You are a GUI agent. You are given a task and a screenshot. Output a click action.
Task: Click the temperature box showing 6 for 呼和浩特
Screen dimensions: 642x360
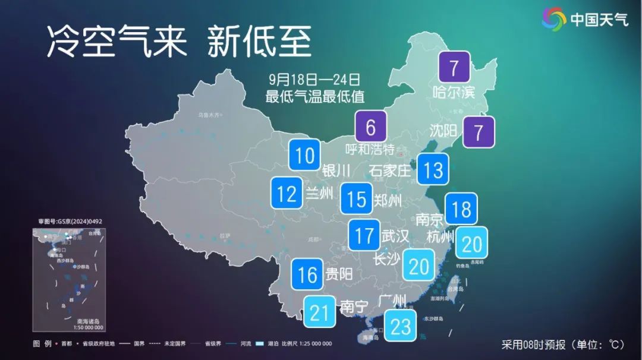(x=370, y=127)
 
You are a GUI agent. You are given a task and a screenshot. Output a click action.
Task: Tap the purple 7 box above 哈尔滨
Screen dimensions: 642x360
(x=454, y=67)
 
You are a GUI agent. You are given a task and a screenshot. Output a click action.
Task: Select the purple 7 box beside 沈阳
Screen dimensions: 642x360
(x=479, y=131)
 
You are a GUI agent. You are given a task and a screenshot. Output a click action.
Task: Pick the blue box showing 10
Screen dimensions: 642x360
(x=305, y=156)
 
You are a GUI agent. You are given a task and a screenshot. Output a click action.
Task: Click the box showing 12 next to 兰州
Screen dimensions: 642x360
(x=287, y=193)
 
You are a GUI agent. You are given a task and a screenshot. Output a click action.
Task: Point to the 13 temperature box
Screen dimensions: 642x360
(x=433, y=170)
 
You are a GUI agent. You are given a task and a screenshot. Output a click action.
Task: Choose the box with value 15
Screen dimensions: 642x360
(x=357, y=198)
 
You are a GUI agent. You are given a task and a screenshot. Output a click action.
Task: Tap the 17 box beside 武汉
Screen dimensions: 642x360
(x=364, y=235)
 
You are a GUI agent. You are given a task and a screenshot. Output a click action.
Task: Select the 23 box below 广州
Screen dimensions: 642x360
(x=401, y=325)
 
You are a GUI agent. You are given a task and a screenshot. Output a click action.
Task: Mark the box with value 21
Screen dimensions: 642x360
(x=319, y=312)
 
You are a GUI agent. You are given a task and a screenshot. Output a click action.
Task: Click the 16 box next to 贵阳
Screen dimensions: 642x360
(x=307, y=274)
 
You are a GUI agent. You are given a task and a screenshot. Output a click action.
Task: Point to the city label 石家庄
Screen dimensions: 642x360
(x=389, y=171)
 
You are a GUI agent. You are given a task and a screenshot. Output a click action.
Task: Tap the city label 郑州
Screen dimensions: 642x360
(x=388, y=201)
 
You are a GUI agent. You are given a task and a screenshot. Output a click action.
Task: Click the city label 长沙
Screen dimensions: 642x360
(x=386, y=259)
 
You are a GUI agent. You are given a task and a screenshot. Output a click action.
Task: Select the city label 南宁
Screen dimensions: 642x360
(x=354, y=307)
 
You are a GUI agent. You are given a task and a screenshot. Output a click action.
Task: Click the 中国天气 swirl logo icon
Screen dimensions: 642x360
(x=554, y=19)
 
